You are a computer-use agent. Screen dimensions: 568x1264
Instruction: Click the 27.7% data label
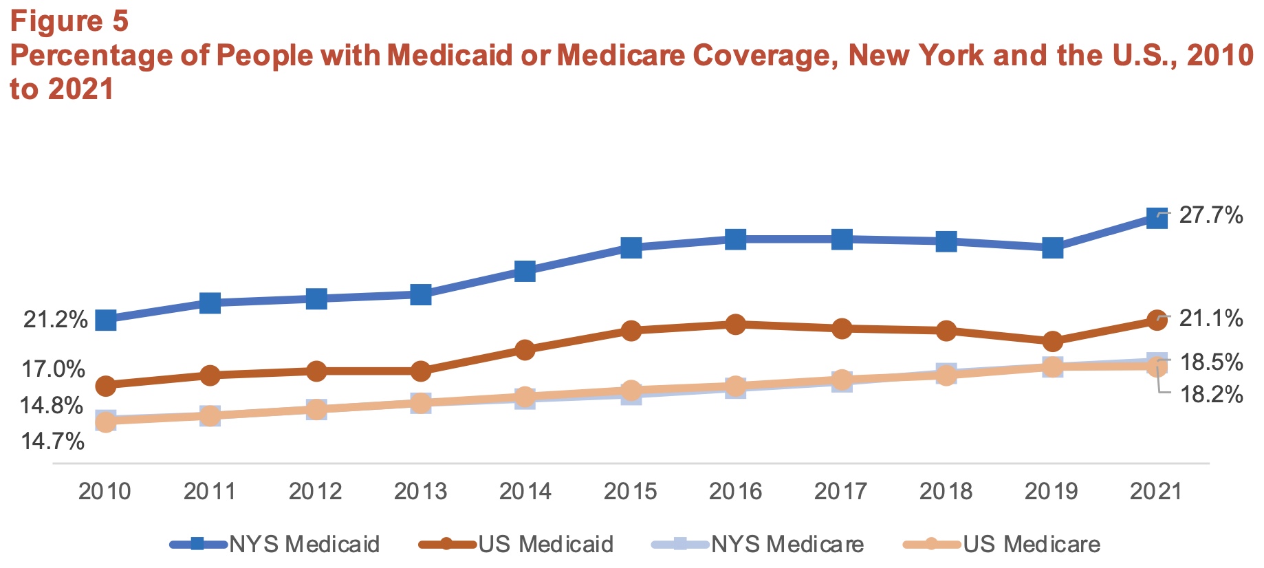click(x=1210, y=215)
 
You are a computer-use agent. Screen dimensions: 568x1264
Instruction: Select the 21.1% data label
click(x=1210, y=318)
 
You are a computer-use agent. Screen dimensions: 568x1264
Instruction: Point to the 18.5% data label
click(x=1211, y=362)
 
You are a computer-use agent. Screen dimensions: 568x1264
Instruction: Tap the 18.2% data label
click(x=1211, y=395)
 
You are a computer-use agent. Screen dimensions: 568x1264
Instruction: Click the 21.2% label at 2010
click(x=55, y=320)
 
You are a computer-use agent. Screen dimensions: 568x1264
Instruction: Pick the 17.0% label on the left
click(x=54, y=369)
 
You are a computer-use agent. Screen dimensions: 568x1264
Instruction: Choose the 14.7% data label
click(x=52, y=441)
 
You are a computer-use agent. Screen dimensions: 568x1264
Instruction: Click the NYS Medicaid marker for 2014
click(x=525, y=271)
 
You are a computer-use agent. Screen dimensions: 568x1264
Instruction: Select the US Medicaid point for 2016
click(x=735, y=324)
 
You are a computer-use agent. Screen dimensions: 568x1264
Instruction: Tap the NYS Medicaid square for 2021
click(x=1157, y=219)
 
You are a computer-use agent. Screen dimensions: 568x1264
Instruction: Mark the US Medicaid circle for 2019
click(x=1052, y=341)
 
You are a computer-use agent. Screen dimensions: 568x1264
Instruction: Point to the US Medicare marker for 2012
click(x=316, y=409)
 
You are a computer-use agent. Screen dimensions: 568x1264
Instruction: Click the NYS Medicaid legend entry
click(x=275, y=544)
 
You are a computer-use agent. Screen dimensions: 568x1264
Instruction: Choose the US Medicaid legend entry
click(x=516, y=544)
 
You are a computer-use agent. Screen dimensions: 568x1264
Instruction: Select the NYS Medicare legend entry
click(x=757, y=544)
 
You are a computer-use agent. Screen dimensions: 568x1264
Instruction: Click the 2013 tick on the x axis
click(x=420, y=491)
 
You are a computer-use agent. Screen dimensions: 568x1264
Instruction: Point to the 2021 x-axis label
click(x=1156, y=491)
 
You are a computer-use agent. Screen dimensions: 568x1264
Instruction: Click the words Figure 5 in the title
click(x=69, y=21)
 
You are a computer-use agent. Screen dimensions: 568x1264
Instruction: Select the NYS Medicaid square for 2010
click(x=105, y=320)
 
